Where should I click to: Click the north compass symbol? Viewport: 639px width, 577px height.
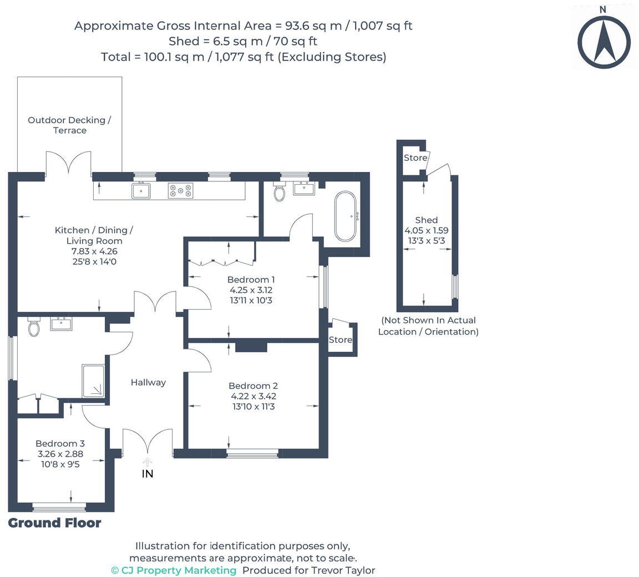coord(603,41)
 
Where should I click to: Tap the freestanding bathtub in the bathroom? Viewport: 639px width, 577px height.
coord(346,217)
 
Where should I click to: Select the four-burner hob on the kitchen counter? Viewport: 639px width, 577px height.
coord(181,191)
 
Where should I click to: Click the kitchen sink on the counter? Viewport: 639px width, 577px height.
coord(141,191)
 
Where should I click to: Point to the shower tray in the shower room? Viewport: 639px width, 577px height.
coord(93,381)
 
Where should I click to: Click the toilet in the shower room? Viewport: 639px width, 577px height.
coord(34,327)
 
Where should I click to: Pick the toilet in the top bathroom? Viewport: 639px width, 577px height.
coord(280,192)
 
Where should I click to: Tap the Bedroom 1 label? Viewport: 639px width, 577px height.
coord(251,280)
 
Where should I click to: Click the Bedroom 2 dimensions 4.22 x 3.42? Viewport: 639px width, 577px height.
coord(253,396)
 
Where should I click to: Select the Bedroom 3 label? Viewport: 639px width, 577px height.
coord(60,443)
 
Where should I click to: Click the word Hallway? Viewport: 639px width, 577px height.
coord(148,382)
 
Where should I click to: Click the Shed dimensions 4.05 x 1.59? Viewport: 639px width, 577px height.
coord(426,230)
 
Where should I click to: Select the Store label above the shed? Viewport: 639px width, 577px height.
coord(415,158)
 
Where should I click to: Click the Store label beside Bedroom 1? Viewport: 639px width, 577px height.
coord(340,340)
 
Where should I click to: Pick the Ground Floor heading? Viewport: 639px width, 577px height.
coord(54,523)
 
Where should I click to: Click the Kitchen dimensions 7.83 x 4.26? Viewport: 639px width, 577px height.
coord(94,251)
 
